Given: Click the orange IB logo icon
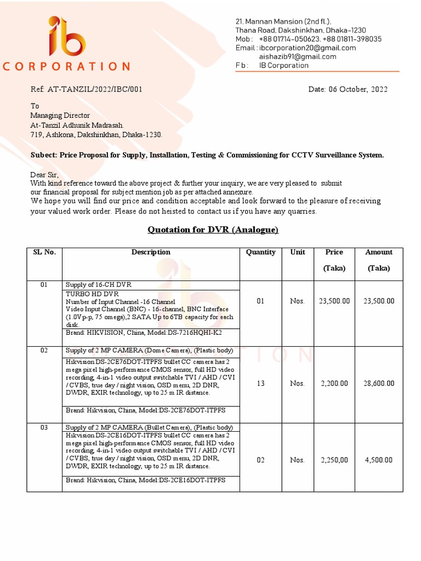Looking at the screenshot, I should (x=66, y=38).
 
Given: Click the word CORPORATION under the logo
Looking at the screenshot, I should (x=66, y=66).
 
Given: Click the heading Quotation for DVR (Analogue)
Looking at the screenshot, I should (x=213, y=230).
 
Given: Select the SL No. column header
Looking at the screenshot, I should (x=44, y=253).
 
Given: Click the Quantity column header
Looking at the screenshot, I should (x=260, y=253).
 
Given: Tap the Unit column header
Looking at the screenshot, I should (x=298, y=253).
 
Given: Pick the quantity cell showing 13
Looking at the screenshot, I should (x=260, y=383).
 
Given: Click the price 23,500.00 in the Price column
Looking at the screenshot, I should (x=333, y=301).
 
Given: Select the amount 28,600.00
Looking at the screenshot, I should (x=378, y=383).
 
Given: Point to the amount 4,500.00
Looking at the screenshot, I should (x=378, y=460).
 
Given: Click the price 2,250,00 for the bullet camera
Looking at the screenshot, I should (x=333, y=460).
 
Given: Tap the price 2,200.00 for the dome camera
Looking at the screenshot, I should (x=333, y=383).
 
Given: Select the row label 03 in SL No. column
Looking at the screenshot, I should (x=44, y=427).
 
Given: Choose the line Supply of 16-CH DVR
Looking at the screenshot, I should (x=99, y=285).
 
